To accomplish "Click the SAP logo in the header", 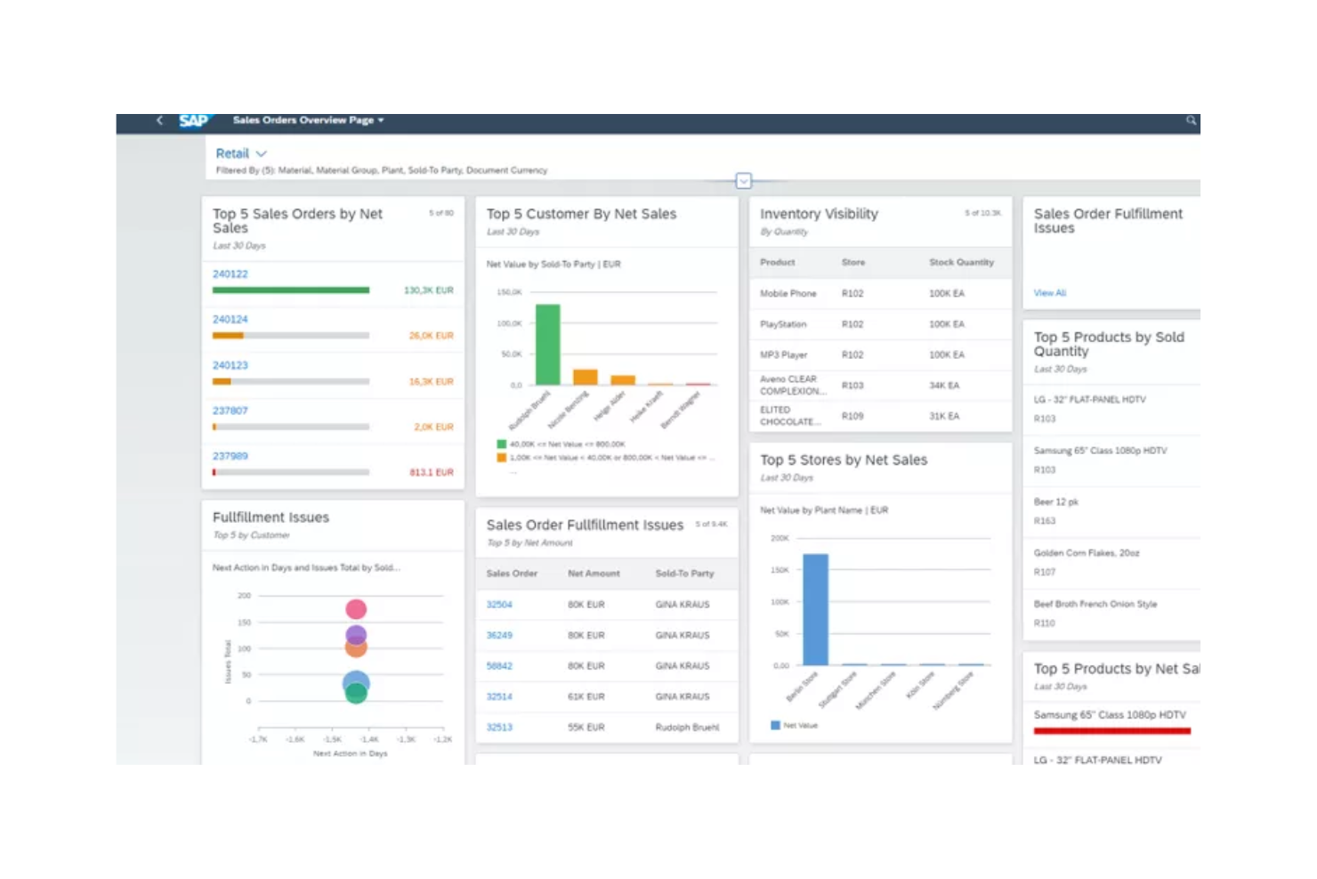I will [x=193, y=120].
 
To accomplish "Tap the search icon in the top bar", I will [x=1191, y=120].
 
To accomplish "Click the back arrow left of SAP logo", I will [x=159, y=120].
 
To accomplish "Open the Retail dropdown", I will [x=241, y=153].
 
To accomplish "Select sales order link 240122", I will [x=230, y=274].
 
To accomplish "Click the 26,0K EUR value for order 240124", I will [x=431, y=336].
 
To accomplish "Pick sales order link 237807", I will [x=230, y=411].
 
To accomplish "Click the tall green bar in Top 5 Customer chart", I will [x=547, y=345].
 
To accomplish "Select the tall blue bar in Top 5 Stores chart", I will [x=815, y=609].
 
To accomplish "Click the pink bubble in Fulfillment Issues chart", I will [x=356, y=609].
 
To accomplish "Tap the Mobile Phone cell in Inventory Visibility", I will [x=788, y=293].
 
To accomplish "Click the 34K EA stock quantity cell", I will [x=944, y=386].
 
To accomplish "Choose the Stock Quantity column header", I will [x=961, y=263].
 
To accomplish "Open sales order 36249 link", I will [x=499, y=635].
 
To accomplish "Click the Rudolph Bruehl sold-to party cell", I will [x=687, y=728].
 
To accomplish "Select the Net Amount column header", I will [x=594, y=574].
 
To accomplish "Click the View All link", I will [x=1049, y=293].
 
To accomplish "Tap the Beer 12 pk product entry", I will [x=1056, y=502].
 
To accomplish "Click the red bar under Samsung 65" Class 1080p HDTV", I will [x=1111, y=731].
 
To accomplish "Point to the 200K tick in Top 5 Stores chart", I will [x=780, y=538].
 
